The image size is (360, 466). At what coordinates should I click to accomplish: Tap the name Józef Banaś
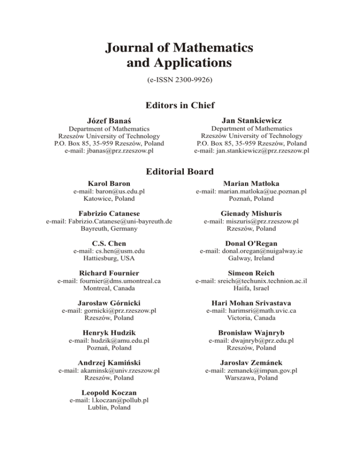[x=109, y=120]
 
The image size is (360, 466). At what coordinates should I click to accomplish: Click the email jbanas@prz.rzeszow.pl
[x=109, y=150]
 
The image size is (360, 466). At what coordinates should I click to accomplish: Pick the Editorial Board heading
[x=180, y=172]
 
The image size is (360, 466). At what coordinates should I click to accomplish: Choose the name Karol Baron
[x=109, y=184]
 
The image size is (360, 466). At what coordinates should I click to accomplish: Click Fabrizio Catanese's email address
[x=109, y=222]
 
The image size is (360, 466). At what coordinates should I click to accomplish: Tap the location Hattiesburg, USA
[x=109, y=258]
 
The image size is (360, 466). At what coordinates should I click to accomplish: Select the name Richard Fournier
[x=109, y=272]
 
